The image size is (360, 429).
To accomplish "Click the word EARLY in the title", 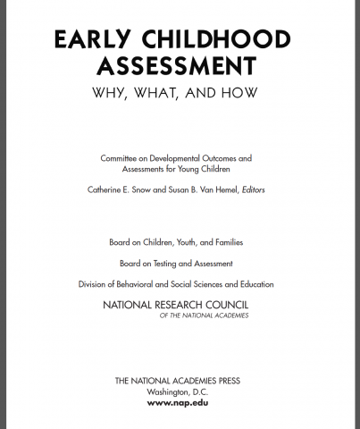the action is point(86,41).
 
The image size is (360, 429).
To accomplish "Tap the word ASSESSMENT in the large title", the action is point(175,67).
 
